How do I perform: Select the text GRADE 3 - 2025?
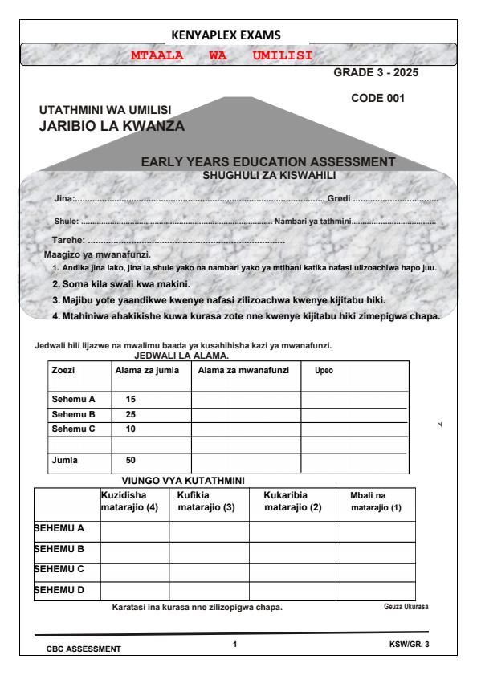[376, 73]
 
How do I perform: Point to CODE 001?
[378, 99]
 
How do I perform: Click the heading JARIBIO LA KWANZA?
[112, 126]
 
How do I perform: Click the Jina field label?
[63, 199]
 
